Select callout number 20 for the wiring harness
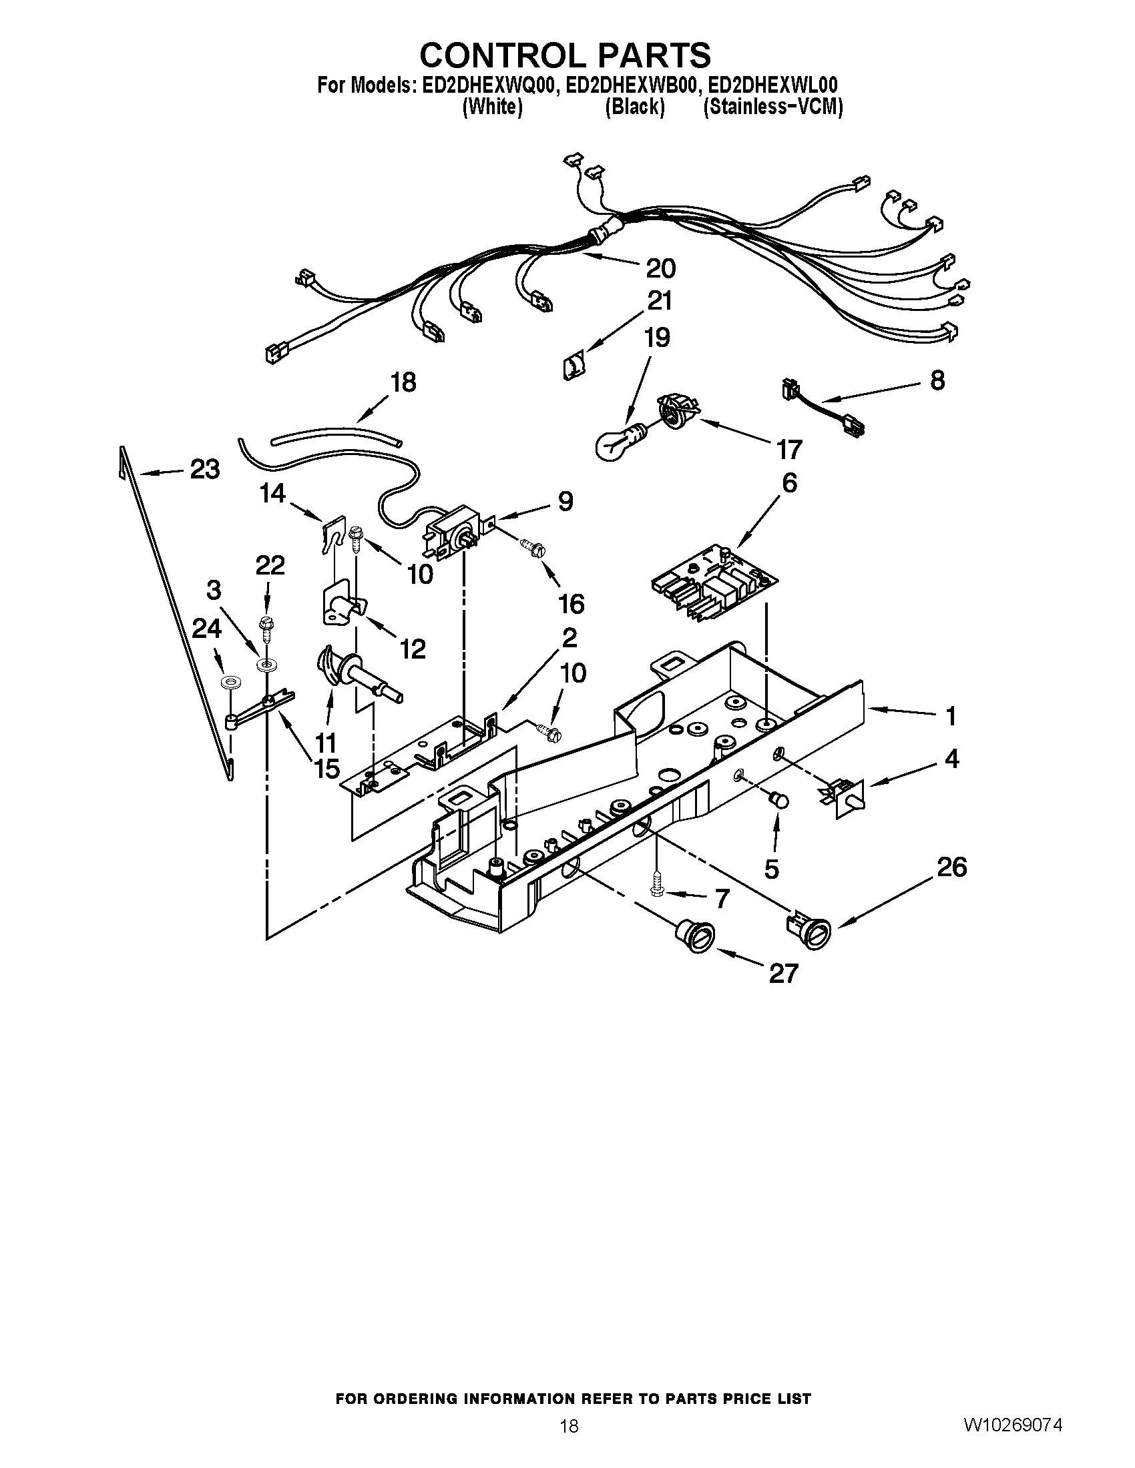pyautogui.click(x=660, y=269)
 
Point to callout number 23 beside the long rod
pyautogui.click(x=204, y=469)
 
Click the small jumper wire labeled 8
pyautogui.click(x=823, y=408)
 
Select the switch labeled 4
pyautogui.click(x=845, y=796)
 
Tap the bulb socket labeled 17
pyautogui.click(x=678, y=410)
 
